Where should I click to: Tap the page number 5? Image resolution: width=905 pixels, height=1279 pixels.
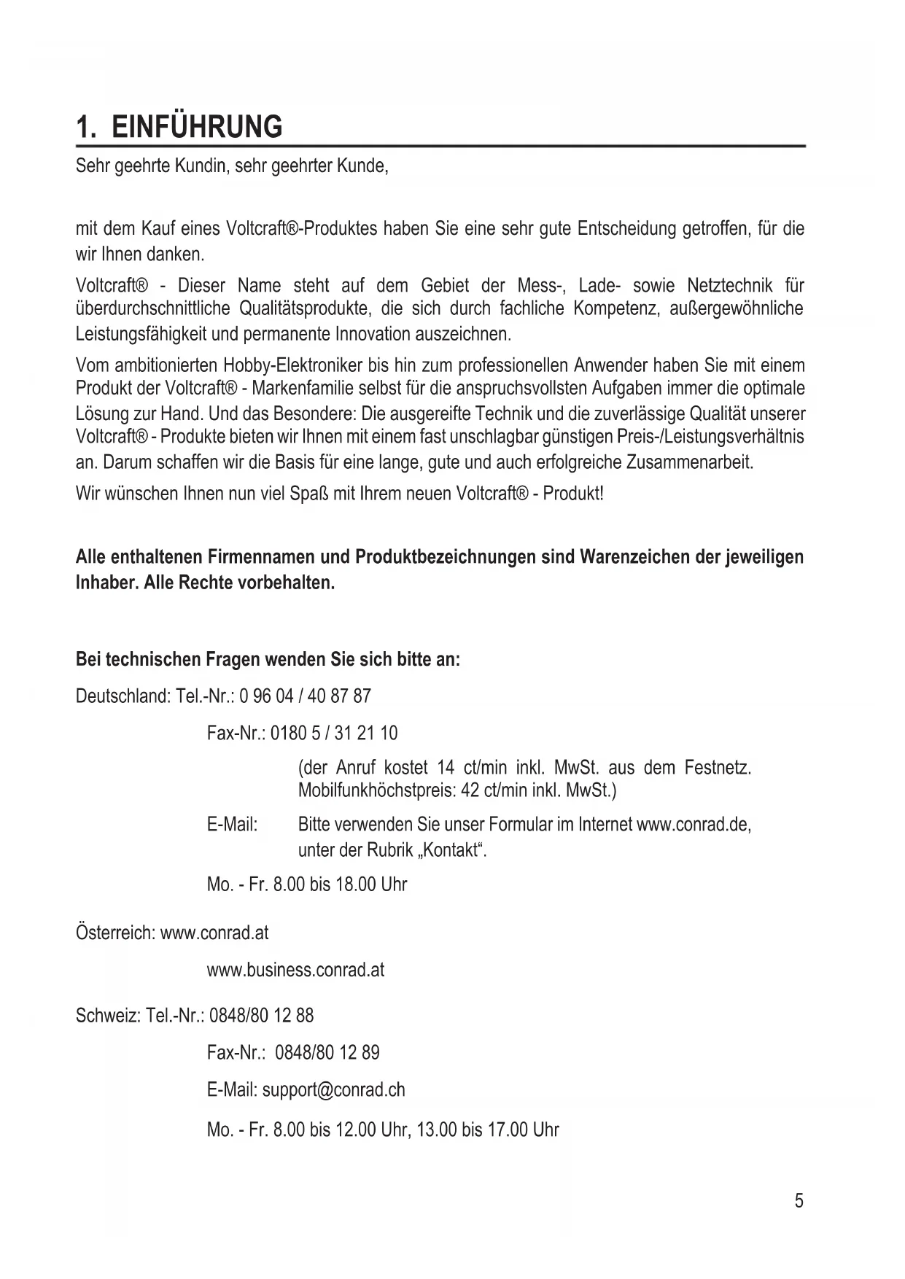pos(799,1200)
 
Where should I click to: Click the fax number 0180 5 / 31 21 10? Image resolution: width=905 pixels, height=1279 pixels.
pos(334,733)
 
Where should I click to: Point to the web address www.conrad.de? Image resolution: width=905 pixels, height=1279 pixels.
pos(692,825)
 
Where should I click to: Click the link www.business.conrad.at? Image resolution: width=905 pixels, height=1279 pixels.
pos(295,970)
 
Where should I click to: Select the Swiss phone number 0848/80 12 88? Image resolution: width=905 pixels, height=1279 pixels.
pos(261,1015)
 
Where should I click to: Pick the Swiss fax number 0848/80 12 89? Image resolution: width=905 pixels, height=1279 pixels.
pos(327,1052)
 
